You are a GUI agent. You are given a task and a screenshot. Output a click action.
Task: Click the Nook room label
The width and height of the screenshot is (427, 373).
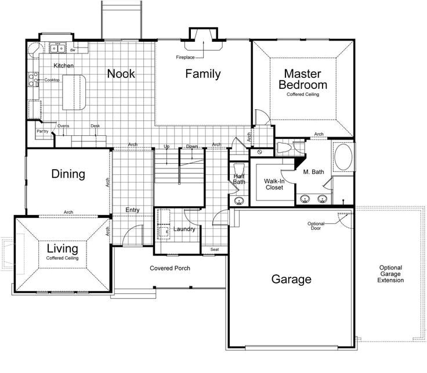pos(121,74)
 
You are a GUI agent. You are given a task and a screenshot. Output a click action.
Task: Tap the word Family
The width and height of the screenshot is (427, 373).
pos(203,74)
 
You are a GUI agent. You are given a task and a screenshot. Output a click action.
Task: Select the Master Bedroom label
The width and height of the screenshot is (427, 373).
pos(302,79)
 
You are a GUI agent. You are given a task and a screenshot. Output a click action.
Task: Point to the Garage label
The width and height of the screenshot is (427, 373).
pos(291,279)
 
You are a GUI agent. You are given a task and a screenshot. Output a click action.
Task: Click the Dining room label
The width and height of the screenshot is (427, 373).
pos(68,174)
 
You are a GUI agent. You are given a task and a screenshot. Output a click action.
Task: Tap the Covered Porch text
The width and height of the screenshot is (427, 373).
pos(170,268)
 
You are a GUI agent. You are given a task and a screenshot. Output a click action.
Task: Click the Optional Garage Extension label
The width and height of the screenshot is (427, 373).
pos(391,274)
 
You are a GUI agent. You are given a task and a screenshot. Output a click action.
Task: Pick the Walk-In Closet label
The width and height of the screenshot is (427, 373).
pos(273,185)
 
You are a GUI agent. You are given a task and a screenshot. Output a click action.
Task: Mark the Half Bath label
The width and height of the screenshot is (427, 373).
pos(239,179)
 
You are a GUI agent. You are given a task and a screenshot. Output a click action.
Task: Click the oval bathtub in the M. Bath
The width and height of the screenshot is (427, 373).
pos(342,157)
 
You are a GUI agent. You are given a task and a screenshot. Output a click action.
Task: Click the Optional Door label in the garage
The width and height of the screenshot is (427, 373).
pos(317,227)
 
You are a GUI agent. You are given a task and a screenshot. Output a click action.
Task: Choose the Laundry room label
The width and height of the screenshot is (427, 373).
pos(184,229)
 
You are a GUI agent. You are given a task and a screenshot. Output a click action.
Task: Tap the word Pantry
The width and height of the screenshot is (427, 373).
pos(42,132)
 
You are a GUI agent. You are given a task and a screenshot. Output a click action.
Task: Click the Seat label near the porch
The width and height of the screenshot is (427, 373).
pos(215,250)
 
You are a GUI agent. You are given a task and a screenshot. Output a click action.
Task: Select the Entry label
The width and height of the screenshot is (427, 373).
pos(133,210)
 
